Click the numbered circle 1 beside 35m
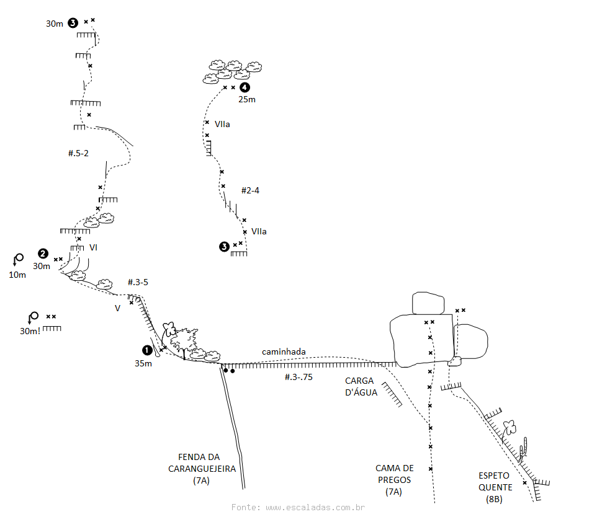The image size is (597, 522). click(x=147, y=350)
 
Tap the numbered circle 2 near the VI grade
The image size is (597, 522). click(x=43, y=253)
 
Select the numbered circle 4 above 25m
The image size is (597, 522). click(x=245, y=88)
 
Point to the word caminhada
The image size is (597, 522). click(x=284, y=352)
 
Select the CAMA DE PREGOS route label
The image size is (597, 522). click(x=394, y=480)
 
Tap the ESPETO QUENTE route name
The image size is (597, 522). click(x=495, y=487)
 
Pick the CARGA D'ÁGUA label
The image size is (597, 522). click(x=361, y=386)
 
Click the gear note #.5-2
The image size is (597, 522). click(x=78, y=153)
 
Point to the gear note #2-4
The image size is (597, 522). click(x=250, y=190)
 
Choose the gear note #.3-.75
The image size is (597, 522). click(x=298, y=376)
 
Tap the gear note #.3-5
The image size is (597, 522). click(x=138, y=282)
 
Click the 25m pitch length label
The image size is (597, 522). click(x=246, y=99)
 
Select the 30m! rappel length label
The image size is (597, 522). click(x=30, y=331)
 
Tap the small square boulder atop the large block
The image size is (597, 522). click(x=428, y=303)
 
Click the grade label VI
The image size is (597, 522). click(x=93, y=247)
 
